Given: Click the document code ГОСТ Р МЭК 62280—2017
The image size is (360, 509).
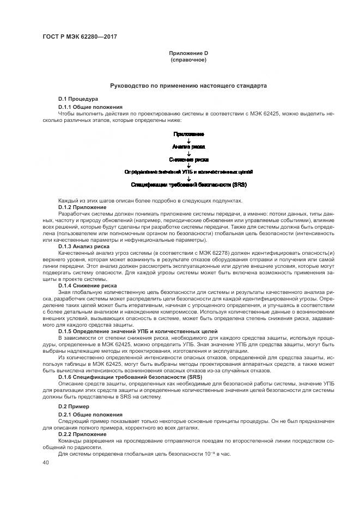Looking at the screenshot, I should click(80, 36).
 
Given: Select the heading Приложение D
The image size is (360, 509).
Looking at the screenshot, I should click(188, 53).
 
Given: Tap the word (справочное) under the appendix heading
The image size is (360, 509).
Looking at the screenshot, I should click(188, 59).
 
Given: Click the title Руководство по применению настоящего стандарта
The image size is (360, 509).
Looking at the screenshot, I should click(188, 85).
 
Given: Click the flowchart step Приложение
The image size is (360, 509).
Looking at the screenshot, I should click(188, 134).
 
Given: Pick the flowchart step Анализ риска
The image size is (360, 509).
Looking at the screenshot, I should click(188, 146).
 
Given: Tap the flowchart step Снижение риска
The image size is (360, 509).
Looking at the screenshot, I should click(188, 160).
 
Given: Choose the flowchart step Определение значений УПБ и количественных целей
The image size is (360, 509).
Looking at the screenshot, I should click(188, 172).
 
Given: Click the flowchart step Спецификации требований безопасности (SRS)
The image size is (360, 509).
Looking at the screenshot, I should click(188, 185).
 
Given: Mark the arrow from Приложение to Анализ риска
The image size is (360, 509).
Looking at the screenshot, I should click(188, 140).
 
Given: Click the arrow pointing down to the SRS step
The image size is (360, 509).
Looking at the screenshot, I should click(188, 179).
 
